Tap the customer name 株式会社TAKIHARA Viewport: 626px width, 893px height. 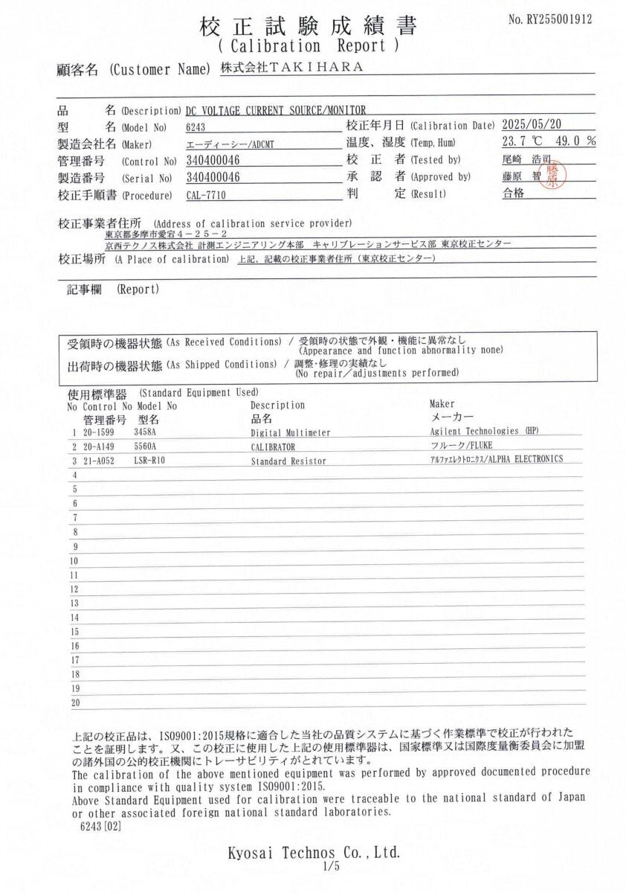[291, 68]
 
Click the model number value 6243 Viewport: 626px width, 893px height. [196, 127]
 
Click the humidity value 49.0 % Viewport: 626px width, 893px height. [576, 141]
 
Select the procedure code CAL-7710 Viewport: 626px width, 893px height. [205, 195]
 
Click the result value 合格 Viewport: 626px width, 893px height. [514, 194]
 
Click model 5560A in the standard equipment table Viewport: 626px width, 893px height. [146, 446]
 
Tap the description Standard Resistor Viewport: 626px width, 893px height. [288, 461]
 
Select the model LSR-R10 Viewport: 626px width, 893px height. [151, 461]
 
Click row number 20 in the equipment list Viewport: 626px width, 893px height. [75, 702]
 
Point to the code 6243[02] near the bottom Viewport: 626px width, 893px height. [100, 826]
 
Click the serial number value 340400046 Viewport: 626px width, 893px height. [215, 178]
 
